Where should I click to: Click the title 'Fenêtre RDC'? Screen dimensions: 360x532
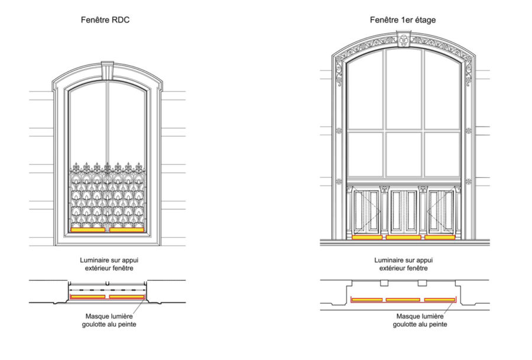click(x=105, y=20)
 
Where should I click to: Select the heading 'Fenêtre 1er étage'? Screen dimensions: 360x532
click(x=403, y=20)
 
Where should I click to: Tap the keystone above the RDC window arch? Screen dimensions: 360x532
click(x=108, y=70)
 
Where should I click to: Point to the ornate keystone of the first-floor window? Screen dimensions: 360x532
click(x=403, y=40)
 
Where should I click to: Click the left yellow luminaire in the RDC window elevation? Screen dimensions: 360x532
click(x=88, y=230)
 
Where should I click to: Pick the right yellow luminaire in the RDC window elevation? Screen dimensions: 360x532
click(x=126, y=230)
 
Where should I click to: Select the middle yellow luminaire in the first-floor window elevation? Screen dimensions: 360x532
click(x=403, y=237)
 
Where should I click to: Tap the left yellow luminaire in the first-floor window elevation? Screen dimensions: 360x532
click(x=367, y=237)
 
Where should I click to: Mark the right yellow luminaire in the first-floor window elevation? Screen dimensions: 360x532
click(x=440, y=237)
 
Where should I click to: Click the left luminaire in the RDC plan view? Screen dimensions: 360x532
click(x=88, y=297)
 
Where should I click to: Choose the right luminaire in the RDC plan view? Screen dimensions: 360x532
click(x=126, y=297)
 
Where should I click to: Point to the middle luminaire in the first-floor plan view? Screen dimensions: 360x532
click(x=403, y=300)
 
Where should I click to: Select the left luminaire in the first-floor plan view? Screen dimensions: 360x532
click(x=366, y=300)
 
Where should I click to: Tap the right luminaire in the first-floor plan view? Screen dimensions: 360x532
click(x=440, y=300)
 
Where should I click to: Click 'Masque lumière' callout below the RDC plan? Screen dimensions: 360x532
click(x=110, y=316)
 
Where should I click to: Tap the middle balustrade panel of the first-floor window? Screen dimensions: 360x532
click(x=403, y=211)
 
